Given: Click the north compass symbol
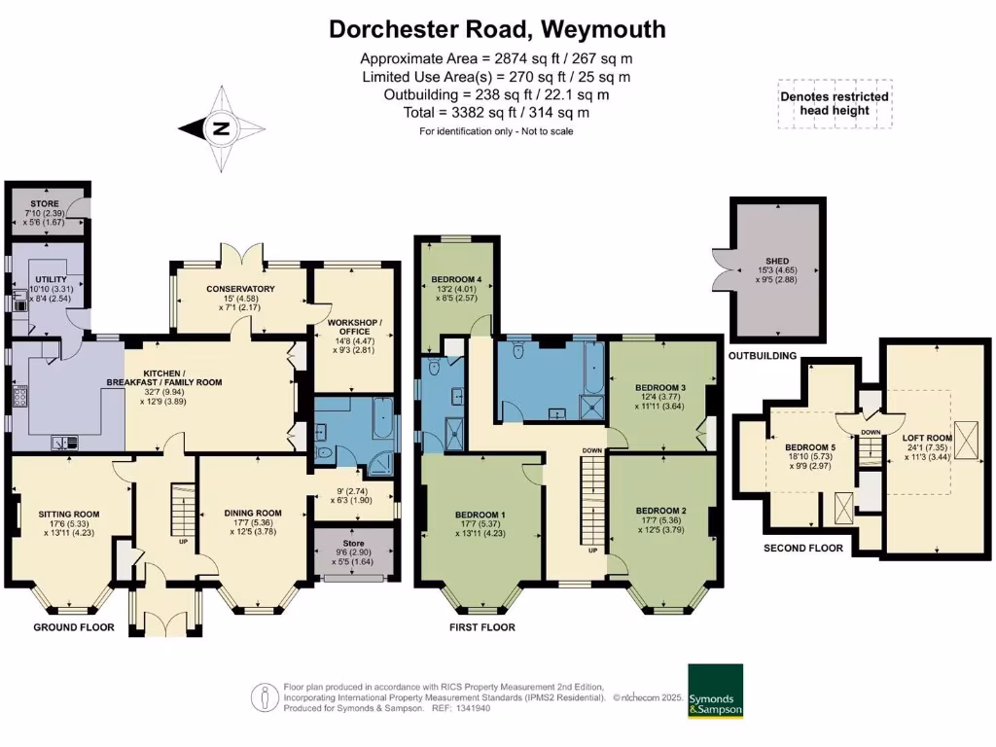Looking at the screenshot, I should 221,127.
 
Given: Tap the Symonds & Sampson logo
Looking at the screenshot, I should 715,692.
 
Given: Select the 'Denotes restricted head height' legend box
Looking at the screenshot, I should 835,103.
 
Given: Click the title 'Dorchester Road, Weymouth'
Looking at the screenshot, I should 497,29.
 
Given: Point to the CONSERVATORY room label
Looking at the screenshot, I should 240,289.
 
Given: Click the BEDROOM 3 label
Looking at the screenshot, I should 660,388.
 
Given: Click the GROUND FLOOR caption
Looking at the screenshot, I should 74,627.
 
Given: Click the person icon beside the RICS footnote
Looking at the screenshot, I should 262,697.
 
